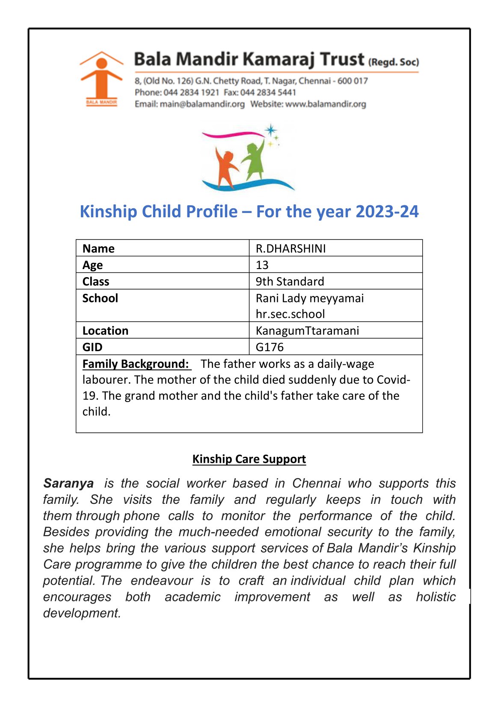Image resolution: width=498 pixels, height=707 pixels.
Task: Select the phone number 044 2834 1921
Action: tap(191, 92)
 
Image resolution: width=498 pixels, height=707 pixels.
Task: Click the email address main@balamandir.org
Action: tap(202, 104)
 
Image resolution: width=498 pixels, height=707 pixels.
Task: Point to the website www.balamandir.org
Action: tap(326, 104)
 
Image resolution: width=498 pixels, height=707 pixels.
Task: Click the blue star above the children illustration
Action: tap(270, 130)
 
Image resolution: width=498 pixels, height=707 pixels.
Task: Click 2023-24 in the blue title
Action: tap(387, 212)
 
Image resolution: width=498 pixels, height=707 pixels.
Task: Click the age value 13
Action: tap(262, 265)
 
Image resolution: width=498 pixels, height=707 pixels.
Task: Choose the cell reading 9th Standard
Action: tap(290, 281)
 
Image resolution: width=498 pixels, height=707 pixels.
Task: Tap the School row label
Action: tap(100, 298)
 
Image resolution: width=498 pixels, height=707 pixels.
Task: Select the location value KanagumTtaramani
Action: tap(307, 331)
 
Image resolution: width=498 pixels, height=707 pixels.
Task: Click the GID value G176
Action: tap(270, 347)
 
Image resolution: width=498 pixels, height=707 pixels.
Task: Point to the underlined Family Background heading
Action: tap(136, 364)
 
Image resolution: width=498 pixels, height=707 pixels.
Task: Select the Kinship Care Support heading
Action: tap(249, 459)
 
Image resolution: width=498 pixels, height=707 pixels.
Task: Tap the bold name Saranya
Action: tap(68, 483)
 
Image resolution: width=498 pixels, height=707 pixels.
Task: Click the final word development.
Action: tap(82, 613)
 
